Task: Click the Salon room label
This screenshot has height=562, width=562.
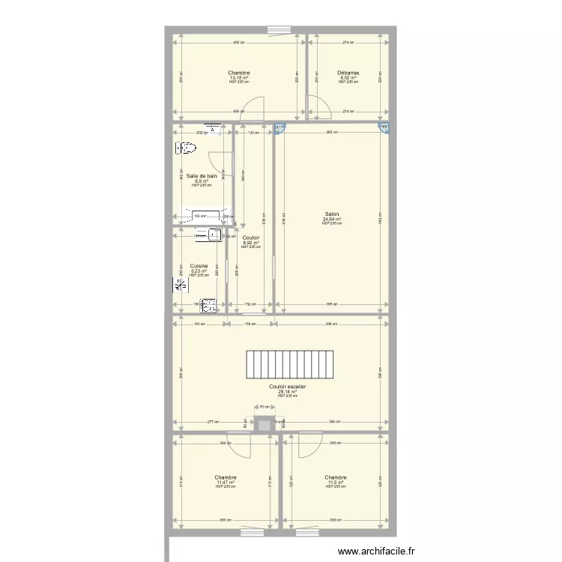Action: pos(332,214)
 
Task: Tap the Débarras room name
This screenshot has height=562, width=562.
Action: pos(348,73)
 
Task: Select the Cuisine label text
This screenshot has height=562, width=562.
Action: pos(199,265)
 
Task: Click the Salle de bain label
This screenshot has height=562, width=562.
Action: pos(202,175)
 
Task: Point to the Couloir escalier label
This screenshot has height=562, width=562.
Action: pos(287,387)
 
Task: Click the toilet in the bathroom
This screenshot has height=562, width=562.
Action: pos(185,149)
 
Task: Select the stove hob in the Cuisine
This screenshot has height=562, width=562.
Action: pos(208,305)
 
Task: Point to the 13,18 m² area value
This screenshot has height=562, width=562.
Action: pos(239,78)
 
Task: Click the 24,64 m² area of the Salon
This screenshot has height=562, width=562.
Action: pos(332,219)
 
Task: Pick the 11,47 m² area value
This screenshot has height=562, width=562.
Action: pos(226,483)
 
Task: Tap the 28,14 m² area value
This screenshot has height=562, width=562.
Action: pos(287,391)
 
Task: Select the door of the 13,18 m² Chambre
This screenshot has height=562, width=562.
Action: pos(255,109)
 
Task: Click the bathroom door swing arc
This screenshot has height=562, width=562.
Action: pos(218,161)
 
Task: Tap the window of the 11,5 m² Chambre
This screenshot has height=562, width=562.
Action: pos(306,532)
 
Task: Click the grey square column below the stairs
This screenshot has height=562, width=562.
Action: pos(263,424)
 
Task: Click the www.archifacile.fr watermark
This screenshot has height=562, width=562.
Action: pos(375,551)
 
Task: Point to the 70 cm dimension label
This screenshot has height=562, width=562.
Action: pos(263,407)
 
